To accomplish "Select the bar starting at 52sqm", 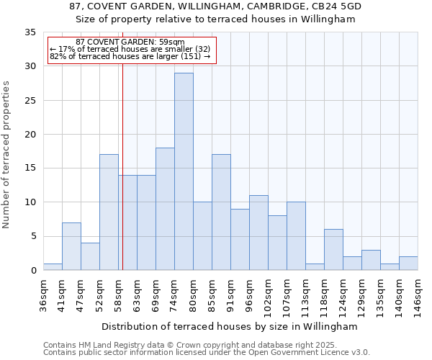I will pyautogui.click(x=109, y=212).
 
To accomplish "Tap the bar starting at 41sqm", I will pyautogui.click(x=71, y=246).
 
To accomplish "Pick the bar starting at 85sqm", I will pyautogui.click(x=221, y=212).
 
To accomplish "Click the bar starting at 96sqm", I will pyautogui.click(x=258, y=233).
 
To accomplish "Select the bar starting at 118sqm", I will pyautogui.click(x=333, y=250).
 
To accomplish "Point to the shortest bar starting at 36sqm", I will pyautogui.click(x=53, y=266).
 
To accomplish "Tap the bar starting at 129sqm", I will pyautogui.click(x=371, y=260).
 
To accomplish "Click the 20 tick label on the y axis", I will pyautogui.click(x=31, y=135).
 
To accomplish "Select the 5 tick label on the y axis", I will pyautogui.click(x=34, y=236).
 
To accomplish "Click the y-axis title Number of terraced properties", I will pyautogui.click(x=7, y=154).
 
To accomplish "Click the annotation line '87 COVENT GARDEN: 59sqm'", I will pyautogui.click(x=130, y=42).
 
